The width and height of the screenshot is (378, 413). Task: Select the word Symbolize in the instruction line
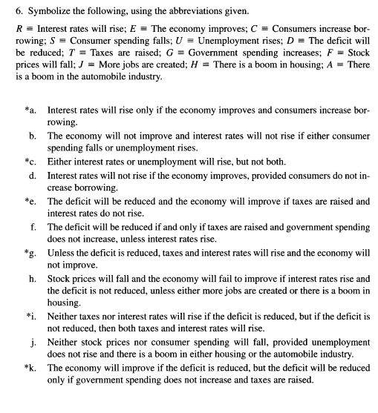click(36, 10)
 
